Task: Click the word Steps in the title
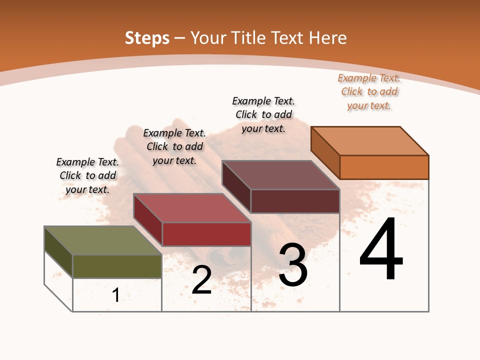tap(146, 38)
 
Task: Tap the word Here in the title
tap(327, 38)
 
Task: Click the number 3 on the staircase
tap(293, 265)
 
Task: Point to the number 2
tap(201, 280)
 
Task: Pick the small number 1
tap(116, 295)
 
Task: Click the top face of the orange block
tap(370, 140)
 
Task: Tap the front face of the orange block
tap(384, 167)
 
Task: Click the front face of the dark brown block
tap(295, 201)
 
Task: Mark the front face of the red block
tap(206, 234)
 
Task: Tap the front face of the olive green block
tap(117, 266)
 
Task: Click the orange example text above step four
tap(369, 91)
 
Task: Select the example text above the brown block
tap(263, 114)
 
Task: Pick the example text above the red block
tap(174, 146)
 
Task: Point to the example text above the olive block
tap(87, 175)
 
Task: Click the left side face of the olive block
tap(58, 252)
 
